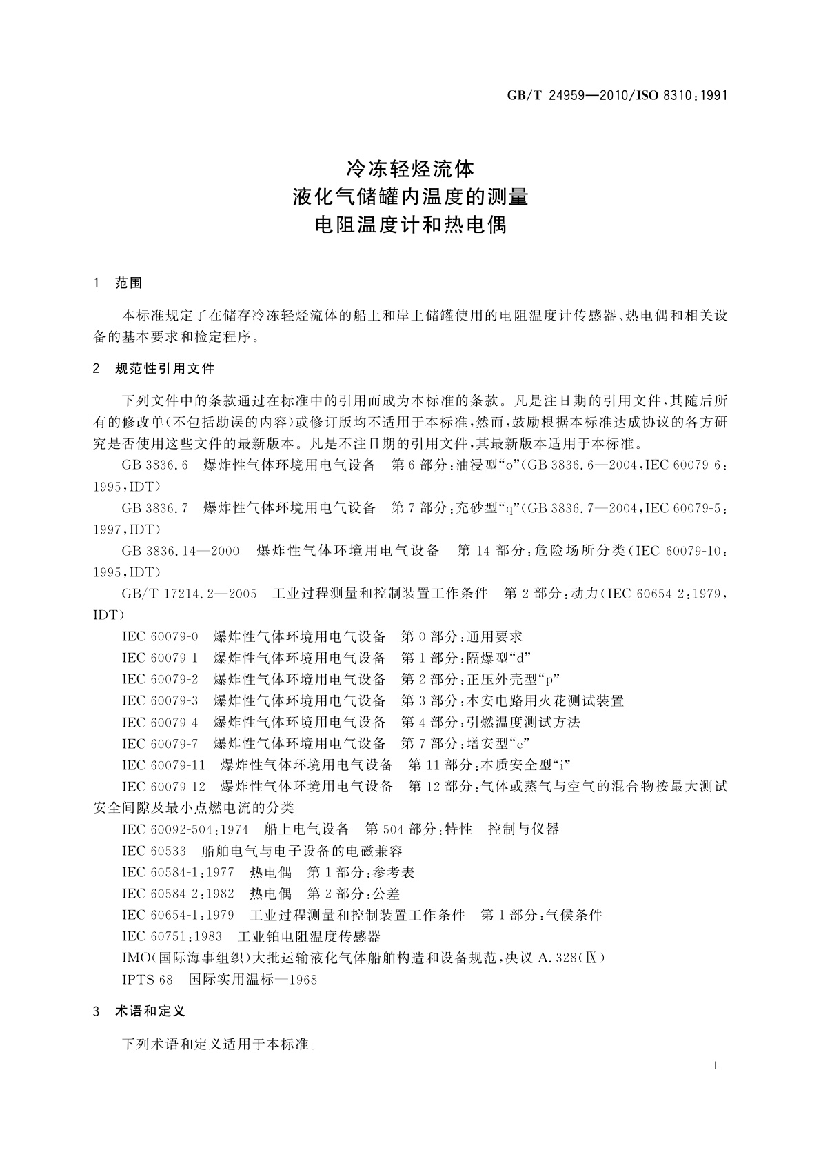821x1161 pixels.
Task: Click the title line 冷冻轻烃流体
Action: coord(410,168)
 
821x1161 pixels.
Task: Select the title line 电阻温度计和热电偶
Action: coord(410,225)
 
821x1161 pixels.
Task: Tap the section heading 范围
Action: coord(129,283)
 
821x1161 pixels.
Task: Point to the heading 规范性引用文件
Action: coord(165,368)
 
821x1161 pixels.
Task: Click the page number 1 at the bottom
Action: coord(715,1066)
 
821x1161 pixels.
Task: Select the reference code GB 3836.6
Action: coord(155,465)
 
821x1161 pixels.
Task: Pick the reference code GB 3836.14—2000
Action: coord(181,551)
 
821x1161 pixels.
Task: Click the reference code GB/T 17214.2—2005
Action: coord(189,594)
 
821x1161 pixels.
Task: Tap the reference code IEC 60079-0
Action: coord(160,636)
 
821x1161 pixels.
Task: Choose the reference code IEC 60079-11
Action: coord(163,765)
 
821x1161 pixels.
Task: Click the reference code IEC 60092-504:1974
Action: coord(185,829)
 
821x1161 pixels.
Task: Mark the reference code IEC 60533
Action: coord(154,851)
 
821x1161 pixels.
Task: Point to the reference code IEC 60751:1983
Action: coord(172,936)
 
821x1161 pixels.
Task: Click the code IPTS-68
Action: coord(147,979)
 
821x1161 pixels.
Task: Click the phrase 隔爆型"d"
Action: coord(499,658)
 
